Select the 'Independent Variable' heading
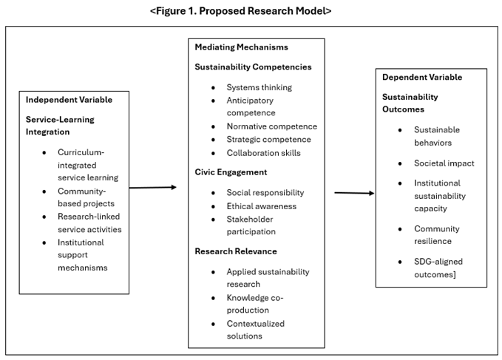67,100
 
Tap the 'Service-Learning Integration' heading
60,125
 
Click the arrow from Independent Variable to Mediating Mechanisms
153,188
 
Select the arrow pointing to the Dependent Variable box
354,193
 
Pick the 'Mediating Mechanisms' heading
241,47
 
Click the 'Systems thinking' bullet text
259,87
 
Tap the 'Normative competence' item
271,126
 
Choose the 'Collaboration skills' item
263,153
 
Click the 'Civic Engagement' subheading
231,173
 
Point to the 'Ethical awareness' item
262,206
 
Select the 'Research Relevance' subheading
235,251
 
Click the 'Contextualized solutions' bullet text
255,330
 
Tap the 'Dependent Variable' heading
422,77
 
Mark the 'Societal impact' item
444,163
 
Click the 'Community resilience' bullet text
436,234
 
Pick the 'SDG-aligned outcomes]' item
438,267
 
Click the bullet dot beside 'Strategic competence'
213,140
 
